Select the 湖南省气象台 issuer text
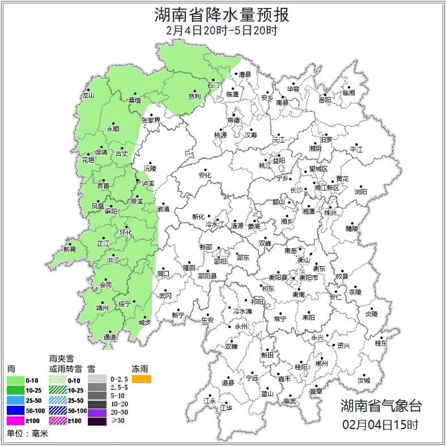point(381,406)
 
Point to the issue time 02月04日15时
point(381,424)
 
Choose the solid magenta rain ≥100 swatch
point(15,421)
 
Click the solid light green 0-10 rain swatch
point(15,380)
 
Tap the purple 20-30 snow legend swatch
point(97,411)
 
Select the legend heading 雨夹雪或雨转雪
point(65,364)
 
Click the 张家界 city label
point(151,120)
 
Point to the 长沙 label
point(296,190)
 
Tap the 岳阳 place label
point(324,100)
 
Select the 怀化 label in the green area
point(126,232)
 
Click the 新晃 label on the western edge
point(69,249)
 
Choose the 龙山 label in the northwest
point(88,95)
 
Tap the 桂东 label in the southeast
point(381,343)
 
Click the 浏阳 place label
point(360,192)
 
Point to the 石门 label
point(213,85)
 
